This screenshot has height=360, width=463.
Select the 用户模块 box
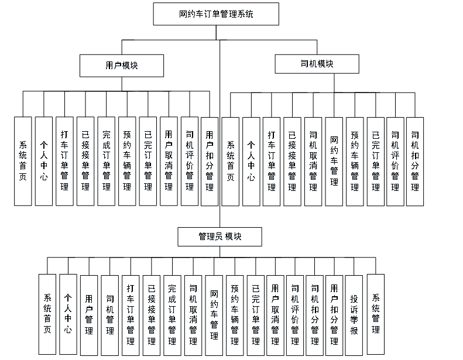click(122, 66)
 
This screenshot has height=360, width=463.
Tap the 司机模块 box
click(317, 64)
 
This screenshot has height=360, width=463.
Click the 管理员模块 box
click(220, 236)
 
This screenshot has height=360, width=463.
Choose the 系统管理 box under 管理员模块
click(375, 314)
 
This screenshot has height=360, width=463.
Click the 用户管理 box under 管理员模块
click(89, 315)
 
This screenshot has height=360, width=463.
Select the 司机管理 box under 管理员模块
click(110, 315)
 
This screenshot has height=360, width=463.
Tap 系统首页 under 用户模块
click(23, 161)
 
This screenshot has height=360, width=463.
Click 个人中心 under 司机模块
click(251, 161)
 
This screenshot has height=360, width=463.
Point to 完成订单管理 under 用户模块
click(106, 161)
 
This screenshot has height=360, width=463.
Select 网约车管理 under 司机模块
click(334, 161)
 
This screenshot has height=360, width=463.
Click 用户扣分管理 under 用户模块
click(210, 161)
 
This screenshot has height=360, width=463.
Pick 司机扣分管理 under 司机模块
click(415, 161)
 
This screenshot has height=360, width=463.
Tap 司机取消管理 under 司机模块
click(313, 161)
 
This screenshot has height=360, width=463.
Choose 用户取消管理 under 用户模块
click(169, 161)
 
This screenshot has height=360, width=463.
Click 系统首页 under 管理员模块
click(47, 315)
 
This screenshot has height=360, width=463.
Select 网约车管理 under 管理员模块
click(214, 315)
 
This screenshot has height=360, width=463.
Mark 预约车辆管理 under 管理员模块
click(235, 315)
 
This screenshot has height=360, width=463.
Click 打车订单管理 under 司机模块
click(272, 161)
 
